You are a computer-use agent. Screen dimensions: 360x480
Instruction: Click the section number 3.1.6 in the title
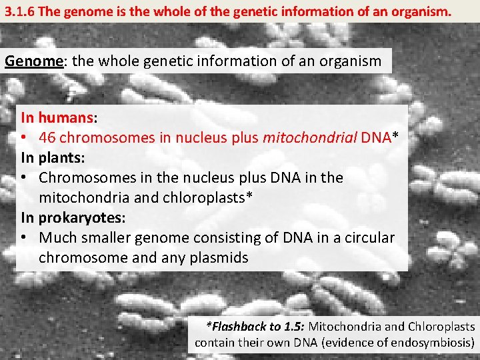[x=19, y=11]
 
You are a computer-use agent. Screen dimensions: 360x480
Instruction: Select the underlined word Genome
[x=33, y=61]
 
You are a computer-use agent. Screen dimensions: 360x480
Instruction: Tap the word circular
[x=368, y=238]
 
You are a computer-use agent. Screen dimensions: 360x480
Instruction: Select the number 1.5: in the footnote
[x=292, y=327]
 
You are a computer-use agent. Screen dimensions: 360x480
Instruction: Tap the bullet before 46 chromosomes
[x=25, y=138]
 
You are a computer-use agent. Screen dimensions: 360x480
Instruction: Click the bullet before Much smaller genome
[x=25, y=238]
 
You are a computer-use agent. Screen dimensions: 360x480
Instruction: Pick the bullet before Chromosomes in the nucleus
[x=25, y=178]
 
